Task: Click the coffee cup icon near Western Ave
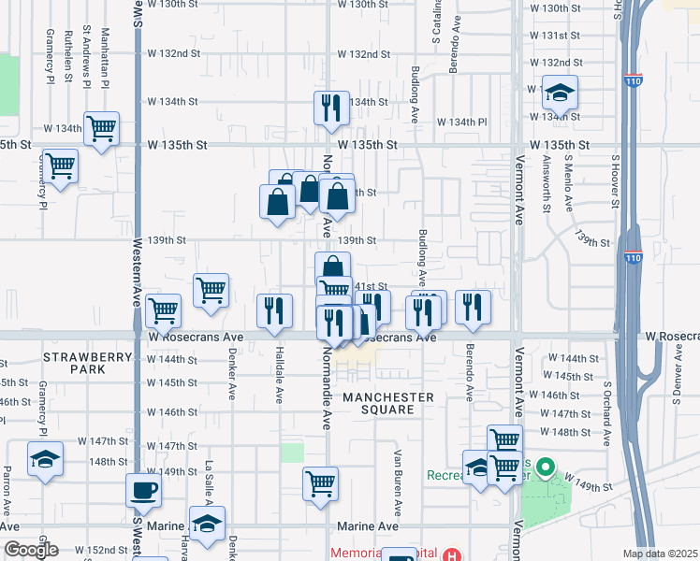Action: (143, 490)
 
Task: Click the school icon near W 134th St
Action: (560, 93)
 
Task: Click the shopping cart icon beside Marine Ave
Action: (320, 484)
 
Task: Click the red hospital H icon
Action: (453, 554)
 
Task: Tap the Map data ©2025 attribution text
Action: (660, 554)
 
